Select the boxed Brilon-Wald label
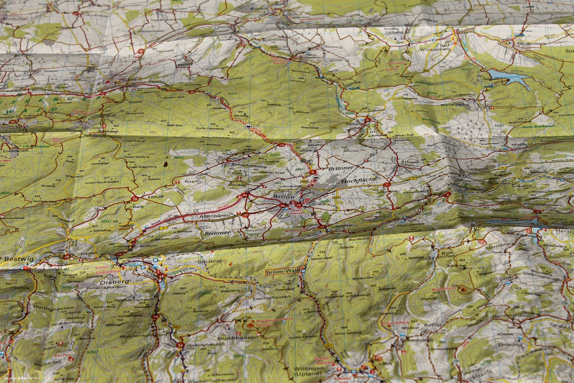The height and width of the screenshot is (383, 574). click(283, 273)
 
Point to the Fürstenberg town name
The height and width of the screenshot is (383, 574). click(529, 44)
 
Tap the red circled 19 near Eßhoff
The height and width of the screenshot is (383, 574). click(135, 199)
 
